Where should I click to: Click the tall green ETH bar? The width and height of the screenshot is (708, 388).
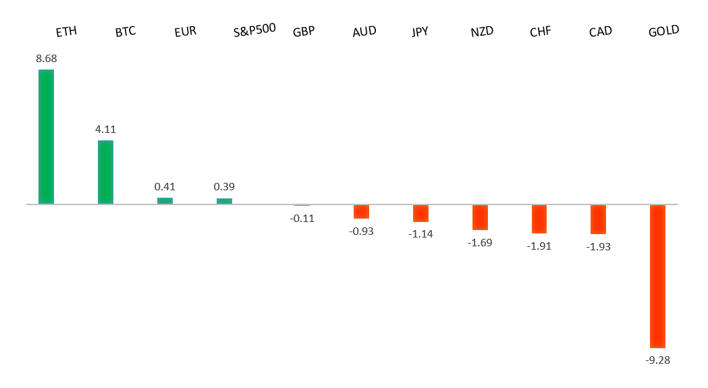click(46, 136)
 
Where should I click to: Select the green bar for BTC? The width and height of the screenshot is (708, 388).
click(105, 172)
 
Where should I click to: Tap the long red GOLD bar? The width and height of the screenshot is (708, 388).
click(657, 276)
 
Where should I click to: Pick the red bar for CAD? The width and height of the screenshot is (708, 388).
click(598, 219)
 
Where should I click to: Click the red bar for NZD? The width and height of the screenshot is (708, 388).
click(480, 217)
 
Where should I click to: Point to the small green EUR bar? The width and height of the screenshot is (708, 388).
click(165, 200)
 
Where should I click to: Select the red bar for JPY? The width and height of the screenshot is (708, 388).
click(420, 213)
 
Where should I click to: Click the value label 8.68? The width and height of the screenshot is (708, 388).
click(47, 59)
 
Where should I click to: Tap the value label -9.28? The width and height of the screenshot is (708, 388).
click(657, 360)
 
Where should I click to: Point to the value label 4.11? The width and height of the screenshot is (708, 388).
click(105, 129)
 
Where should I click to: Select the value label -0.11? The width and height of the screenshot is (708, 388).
click(302, 218)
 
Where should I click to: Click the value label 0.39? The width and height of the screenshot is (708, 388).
click(224, 186)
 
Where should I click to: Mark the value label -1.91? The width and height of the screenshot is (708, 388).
click(539, 246)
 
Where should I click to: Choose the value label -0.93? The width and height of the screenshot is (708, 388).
click(361, 231)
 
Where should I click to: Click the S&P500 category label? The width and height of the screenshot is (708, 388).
click(254, 30)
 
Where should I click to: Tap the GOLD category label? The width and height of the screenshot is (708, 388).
click(663, 31)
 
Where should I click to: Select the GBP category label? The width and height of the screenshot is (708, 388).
click(304, 32)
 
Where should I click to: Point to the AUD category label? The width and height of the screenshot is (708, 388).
click(364, 32)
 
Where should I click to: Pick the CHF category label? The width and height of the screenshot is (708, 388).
click(540, 32)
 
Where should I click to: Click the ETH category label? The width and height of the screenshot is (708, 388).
click(66, 32)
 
